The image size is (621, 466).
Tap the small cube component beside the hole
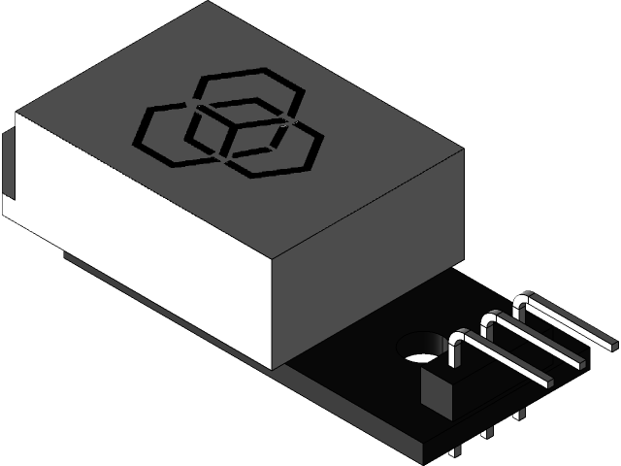click(438, 386)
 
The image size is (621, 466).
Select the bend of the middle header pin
click(491, 318)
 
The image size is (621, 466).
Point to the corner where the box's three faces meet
click(274, 260)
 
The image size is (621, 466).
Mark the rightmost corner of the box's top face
click(462, 152)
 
